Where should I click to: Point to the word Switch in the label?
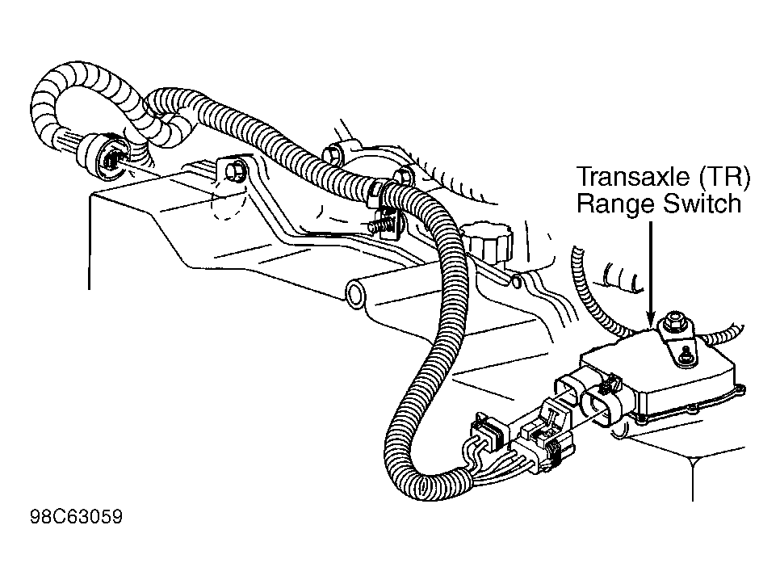tap(701, 203)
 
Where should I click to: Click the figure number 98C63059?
tap(76, 517)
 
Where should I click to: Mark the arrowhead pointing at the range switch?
tap(650, 319)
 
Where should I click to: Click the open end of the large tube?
tap(355, 293)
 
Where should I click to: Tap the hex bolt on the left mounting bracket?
tap(233, 171)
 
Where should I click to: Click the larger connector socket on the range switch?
tap(601, 402)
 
